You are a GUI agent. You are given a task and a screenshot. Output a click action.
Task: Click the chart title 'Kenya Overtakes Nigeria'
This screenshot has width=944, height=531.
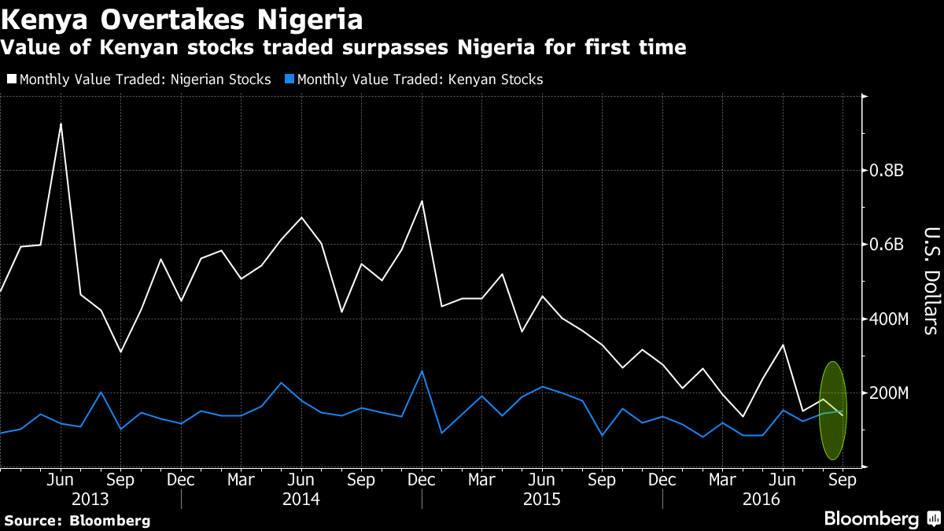183,17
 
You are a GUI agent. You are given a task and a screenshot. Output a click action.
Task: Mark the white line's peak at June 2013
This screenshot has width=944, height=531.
61,124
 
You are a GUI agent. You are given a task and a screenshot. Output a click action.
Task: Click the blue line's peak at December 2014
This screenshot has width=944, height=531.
422,371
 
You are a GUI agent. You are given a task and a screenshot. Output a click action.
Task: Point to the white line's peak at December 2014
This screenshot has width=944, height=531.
422,201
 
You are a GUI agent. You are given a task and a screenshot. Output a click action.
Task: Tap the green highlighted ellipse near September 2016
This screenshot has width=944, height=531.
832,411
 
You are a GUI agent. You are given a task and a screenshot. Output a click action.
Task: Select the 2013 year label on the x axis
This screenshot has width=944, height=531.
90,500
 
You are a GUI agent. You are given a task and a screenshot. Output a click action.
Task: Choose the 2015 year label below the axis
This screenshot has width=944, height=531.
541,500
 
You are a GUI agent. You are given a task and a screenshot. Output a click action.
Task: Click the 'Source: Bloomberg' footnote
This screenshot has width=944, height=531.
77,521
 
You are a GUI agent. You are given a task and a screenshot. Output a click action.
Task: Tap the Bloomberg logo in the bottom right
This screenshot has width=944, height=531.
881,519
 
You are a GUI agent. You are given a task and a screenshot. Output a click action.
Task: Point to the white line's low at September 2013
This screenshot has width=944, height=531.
120,352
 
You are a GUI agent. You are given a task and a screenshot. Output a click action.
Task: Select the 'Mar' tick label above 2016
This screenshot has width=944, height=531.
722,479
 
